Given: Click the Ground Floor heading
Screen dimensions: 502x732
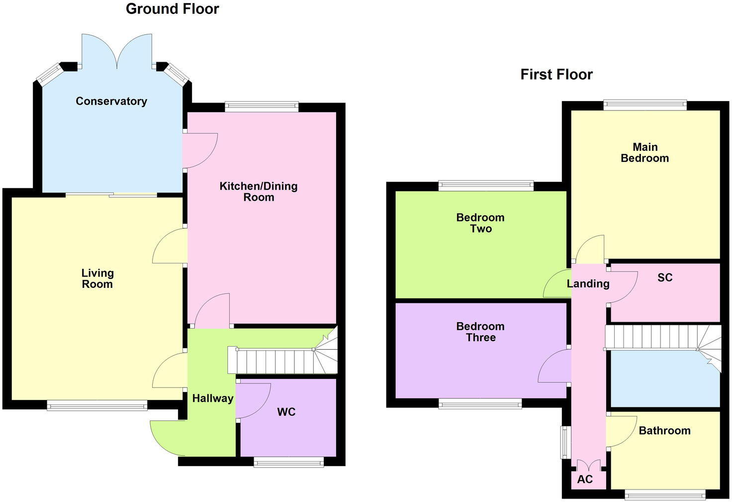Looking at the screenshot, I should tap(172, 9).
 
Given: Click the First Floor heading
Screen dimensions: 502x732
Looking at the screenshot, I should tap(556, 75).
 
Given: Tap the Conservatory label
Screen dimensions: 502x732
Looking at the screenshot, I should tap(111, 102).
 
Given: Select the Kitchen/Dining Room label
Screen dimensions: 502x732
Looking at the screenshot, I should tap(259, 192).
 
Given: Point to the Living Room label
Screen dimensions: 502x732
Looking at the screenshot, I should tap(97, 278).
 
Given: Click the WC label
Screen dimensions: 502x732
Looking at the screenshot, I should tap(286, 412).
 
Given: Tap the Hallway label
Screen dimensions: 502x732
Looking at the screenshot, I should tap(213, 398).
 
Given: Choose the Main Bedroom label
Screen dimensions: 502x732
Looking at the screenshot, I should tap(645, 153).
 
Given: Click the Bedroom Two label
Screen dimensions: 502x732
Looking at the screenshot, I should tap(480, 223).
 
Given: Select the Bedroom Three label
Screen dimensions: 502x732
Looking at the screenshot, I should tap(480, 332).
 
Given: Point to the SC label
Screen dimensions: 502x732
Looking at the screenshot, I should tap(665, 278).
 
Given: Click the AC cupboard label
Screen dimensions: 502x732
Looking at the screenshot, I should tap(585, 480).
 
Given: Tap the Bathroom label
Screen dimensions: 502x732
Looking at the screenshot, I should tap(664, 431).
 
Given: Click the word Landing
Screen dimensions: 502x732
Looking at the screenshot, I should tap(588, 284).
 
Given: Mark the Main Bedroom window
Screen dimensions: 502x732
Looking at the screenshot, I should tap(645, 105).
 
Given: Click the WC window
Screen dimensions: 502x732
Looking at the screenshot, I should tap(288, 463).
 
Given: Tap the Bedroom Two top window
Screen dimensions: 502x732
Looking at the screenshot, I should tap(486, 186).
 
